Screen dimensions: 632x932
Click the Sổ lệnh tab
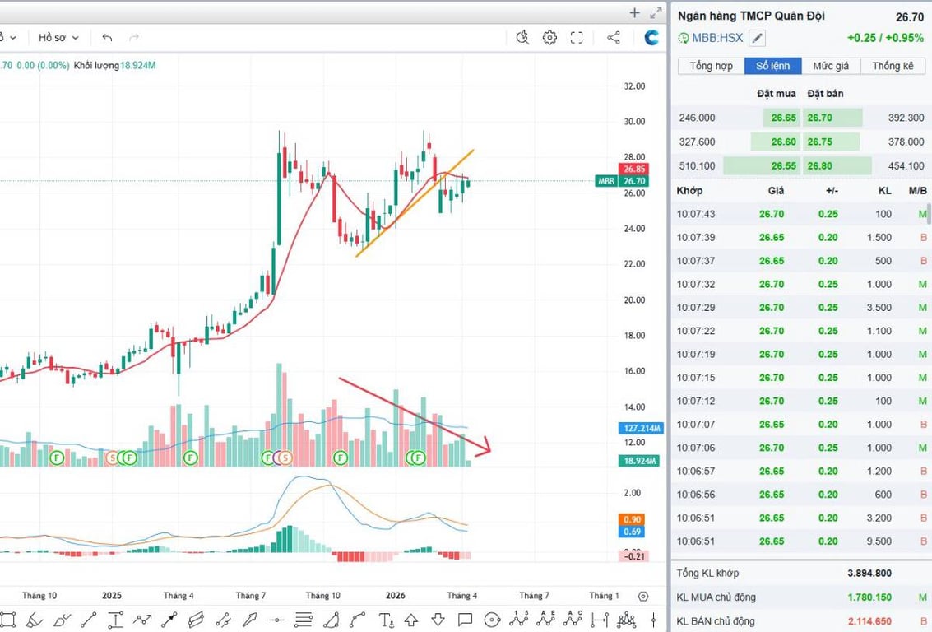773,66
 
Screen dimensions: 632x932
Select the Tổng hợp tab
712,66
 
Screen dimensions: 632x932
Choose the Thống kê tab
893,66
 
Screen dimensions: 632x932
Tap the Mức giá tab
831,66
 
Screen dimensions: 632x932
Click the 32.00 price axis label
634,86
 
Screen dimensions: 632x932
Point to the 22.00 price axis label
634,264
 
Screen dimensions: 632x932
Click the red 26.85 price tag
634,169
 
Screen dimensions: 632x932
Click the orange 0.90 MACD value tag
633,519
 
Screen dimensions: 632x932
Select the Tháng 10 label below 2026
322,596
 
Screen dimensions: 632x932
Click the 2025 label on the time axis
112,596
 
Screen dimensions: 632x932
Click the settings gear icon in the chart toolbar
549,37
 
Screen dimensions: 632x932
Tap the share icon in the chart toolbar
614,37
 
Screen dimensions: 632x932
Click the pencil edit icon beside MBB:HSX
758,38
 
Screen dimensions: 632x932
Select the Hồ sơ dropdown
58,38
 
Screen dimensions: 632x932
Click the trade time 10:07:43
696,214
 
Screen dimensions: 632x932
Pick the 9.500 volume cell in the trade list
879,541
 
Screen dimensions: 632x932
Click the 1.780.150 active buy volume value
870,597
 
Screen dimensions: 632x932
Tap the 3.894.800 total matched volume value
870,574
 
